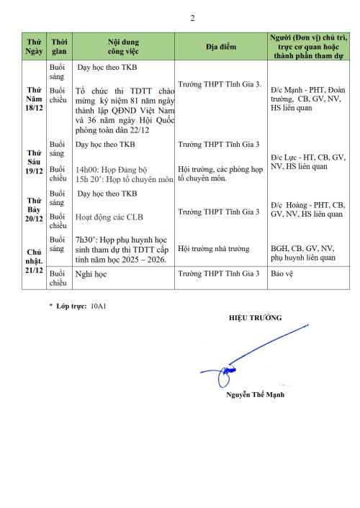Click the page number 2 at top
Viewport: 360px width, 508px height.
(192, 18)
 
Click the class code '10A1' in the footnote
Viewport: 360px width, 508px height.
(97, 306)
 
